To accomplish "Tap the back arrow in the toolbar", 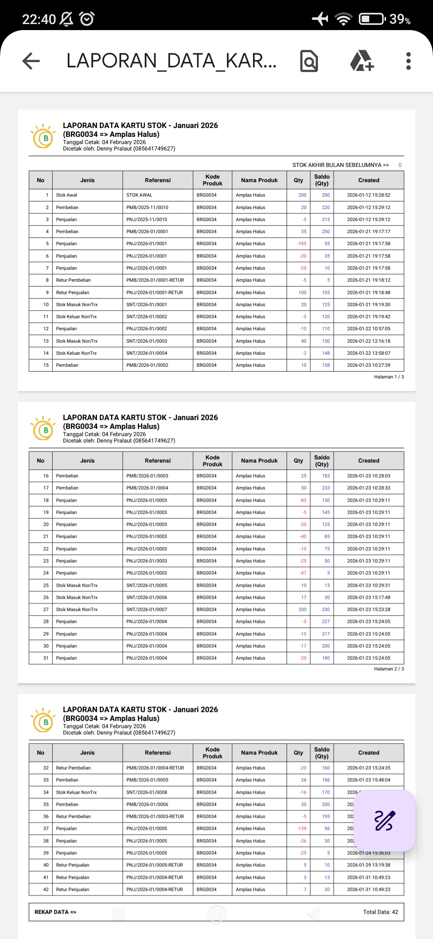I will click(x=31, y=61).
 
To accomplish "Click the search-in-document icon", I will click(x=309, y=61).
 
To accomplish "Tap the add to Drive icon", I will click(x=362, y=61).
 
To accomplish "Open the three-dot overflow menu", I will click(x=408, y=61).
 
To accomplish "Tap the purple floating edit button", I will click(x=384, y=821).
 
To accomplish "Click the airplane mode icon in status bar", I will click(x=320, y=18).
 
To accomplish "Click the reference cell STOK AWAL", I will click(x=139, y=195).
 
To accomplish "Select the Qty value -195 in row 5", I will click(x=301, y=244).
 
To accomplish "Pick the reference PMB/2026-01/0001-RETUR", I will click(x=155, y=280).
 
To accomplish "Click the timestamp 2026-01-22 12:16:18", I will click(x=368, y=341).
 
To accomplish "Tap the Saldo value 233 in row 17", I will click(x=326, y=488).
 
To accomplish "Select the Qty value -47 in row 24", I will click(x=303, y=573).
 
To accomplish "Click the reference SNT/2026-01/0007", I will click(x=147, y=610).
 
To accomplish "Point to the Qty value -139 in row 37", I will click(x=301, y=828).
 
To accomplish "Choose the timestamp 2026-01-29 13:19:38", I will click(x=368, y=865).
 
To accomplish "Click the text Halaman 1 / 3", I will click(x=388, y=377).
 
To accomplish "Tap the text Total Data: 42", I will click(x=380, y=912).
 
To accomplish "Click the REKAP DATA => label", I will click(x=55, y=912).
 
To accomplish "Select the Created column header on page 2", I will click(x=368, y=461).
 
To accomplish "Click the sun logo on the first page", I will click(x=43, y=137).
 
